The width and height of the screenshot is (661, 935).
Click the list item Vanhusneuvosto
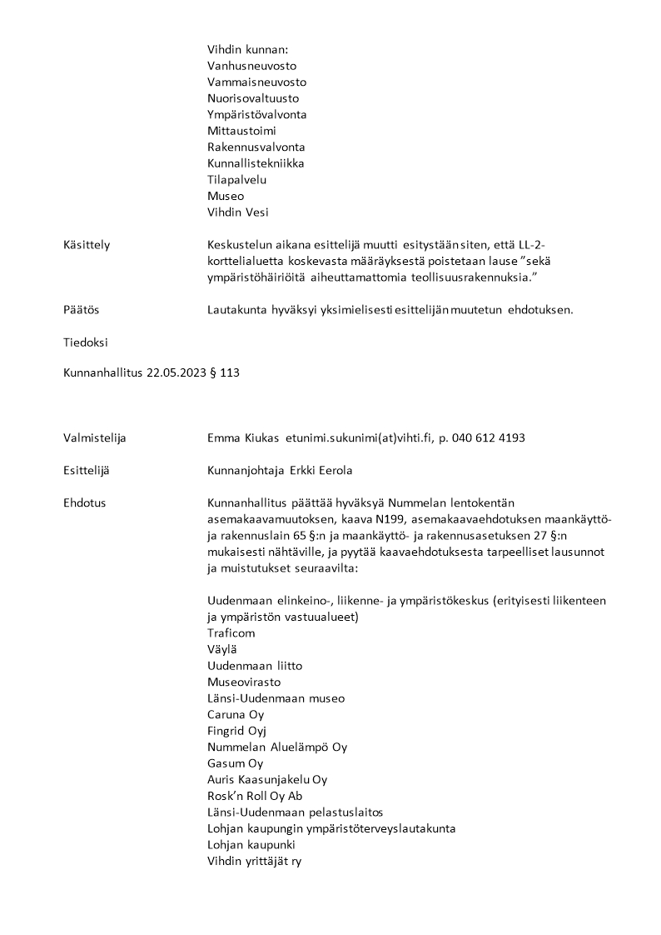click(x=251, y=66)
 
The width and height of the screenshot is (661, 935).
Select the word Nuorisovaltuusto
click(x=253, y=98)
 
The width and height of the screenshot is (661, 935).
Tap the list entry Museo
click(x=226, y=196)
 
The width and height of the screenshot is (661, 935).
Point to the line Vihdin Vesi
click(x=238, y=212)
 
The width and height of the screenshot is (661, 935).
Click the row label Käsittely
click(x=87, y=244)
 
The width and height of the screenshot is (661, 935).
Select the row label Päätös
click(x=81, y=309)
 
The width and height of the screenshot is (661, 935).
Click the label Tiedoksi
click(x=85, y=342)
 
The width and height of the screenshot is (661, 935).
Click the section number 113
click(x=230, y=374)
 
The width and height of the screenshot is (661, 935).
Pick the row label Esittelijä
click(x=87, y=471)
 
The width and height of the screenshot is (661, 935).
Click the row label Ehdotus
click(x=84, y=503)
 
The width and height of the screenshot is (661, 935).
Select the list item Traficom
click(x=231, y=633)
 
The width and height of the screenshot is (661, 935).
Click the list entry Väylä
click(x=221, y=649)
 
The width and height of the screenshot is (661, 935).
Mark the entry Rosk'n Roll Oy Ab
click(x=255, y=796)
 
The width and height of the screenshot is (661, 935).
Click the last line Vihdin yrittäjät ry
click(x=254, y=861)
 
